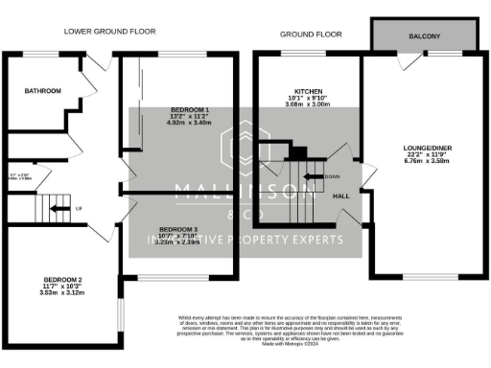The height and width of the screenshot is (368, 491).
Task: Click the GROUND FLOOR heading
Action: click(x=311, y=34)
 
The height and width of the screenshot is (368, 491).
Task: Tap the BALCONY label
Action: click(x=425, y=37)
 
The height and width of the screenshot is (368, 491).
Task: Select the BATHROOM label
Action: click(x=43, y=91)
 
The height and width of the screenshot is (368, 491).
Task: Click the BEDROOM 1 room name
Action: click(x=189, y=110)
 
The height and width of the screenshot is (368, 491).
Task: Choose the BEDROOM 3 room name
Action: click(x=178, y=230)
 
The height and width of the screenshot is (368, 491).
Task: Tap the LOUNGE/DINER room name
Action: click(x=425, y=148)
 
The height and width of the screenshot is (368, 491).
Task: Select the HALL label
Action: click(x=340, y=195)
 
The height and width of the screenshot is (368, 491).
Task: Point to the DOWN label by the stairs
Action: click(x=332, y=177)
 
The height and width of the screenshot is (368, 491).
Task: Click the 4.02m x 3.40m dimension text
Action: click(x=189, y=124)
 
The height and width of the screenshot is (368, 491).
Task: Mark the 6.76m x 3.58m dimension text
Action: click(x=425, y=161)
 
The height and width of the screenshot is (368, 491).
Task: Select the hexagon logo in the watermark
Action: click(x=245, y=145)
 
